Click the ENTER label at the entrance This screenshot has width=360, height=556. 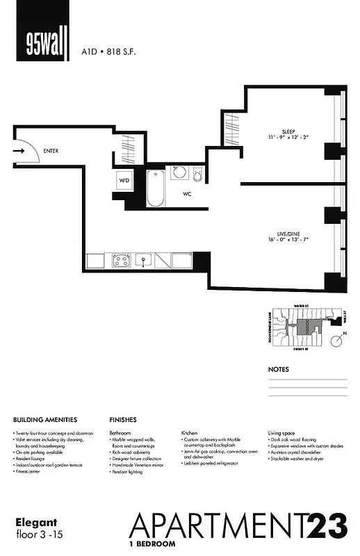click(x=51, y=150)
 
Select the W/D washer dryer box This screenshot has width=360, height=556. click(x=125, y=180)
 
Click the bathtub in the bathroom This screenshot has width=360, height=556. click(x=156, y=188)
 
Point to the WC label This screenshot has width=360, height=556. click(x=187, y=195)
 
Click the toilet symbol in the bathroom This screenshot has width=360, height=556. click(x=198, y=177)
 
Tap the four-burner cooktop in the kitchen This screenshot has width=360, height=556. click(x=120, y=261)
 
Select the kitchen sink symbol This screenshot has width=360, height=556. click(x=145, y=261)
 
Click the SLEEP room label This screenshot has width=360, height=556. click(x=288, y=131)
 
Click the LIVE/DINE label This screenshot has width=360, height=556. click(x=287, y=233)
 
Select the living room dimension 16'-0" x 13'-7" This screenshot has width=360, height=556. click(x=287, y=240)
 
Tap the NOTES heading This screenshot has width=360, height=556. click(x=279, y=370)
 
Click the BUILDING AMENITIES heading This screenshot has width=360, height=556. click(x=45, y=420)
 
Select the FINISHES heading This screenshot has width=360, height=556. click(x=123, y=420)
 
